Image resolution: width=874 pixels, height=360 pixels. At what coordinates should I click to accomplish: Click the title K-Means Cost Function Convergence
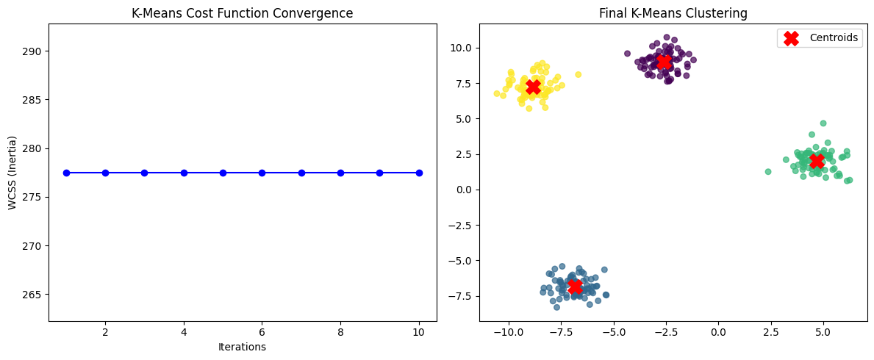(x=243, y=14)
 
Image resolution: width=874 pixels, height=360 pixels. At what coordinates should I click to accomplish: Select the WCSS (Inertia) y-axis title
(x=12, y=173)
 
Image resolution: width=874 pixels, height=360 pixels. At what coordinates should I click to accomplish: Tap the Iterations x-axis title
(x=243, y=347)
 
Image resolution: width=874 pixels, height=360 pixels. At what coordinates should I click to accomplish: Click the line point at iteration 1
(x=66, y=173)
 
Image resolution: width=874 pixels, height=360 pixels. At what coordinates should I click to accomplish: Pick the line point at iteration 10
(x=419, y=173)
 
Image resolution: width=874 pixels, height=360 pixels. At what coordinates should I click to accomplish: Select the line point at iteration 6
(x=262, y=173)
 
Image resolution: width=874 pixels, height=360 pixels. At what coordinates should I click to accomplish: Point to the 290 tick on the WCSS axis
(x=33, y=51)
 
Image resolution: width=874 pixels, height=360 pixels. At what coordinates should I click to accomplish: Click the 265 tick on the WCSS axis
(x=33, y=295)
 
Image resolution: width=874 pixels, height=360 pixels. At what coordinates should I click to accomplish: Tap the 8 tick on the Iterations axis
(x=340, y=331)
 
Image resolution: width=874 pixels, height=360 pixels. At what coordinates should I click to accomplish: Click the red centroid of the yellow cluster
(x=533, y=87)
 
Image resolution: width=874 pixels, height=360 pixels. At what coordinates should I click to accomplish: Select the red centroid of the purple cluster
(x=664, y=62)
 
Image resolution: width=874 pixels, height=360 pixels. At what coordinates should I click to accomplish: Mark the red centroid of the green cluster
(x=816, y=161)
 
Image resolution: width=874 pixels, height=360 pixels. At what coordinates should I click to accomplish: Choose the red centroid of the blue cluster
(x=575, y=287)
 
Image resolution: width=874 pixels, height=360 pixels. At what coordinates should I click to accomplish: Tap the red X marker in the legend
(x=791, y=38)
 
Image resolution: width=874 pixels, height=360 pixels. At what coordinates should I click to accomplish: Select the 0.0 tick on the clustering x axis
(x=718, y=331)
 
